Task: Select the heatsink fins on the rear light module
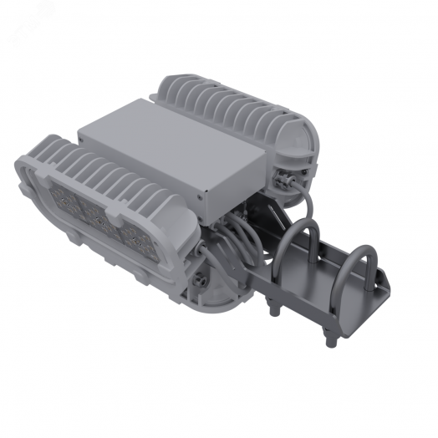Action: [226, 104]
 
